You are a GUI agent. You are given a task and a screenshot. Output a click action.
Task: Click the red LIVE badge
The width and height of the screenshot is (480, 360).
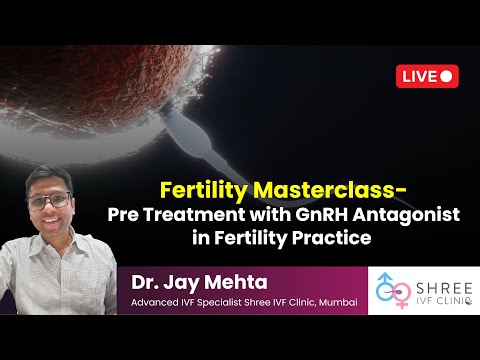pyautogui.click(x=427, y=76)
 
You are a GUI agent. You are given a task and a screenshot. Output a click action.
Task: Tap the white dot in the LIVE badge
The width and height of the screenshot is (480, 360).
pyautogui.click(x=447, y=76)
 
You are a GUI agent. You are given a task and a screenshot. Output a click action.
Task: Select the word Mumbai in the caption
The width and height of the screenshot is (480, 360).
pyautogui.click(x=334, y=303)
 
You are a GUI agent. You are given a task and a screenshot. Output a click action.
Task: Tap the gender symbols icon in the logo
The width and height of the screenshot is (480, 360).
pyautogui.click(x=390, y=291)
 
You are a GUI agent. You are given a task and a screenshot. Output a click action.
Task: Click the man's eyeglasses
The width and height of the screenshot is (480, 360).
pyautogui.click(x=50, y=200)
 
